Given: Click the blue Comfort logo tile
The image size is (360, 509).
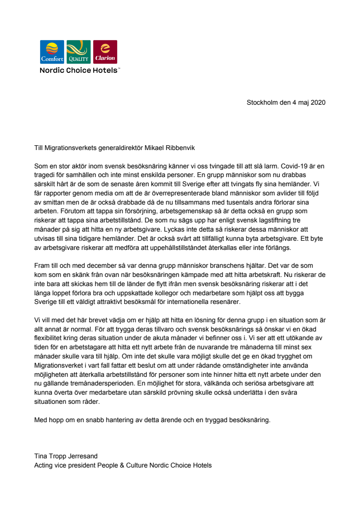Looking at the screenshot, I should (52, 52).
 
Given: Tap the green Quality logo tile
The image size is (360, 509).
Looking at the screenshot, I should (78, 52).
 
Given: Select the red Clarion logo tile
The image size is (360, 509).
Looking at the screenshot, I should (105, 52).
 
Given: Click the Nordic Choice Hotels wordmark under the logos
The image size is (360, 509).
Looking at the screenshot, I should (79, 70).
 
